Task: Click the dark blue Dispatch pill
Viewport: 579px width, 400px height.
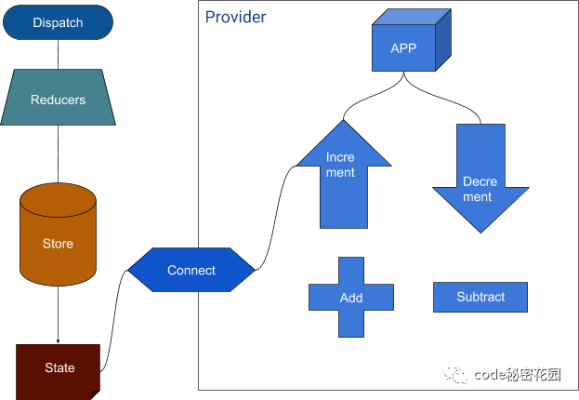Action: (58, 22)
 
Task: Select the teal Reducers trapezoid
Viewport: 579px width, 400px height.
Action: (58, 100)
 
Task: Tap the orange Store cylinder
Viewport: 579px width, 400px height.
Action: (58, 235)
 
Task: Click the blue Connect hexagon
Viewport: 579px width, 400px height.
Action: (191, 271)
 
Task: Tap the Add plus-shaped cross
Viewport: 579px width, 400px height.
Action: (351, 298)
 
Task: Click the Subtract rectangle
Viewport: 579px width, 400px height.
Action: (480, 297)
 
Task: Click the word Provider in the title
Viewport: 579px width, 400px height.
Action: (235, 18)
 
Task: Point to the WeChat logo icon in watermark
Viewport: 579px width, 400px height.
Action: (455, 374)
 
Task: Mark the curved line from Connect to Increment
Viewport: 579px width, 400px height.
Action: (274, 214)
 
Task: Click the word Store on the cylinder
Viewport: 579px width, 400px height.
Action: (58, 244)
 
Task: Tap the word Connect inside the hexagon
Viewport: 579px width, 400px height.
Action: (191, 271)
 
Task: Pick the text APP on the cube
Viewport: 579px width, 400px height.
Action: (403, 48)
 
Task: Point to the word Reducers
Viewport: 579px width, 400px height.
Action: (58, 100)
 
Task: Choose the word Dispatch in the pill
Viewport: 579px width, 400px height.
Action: (58, 22)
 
